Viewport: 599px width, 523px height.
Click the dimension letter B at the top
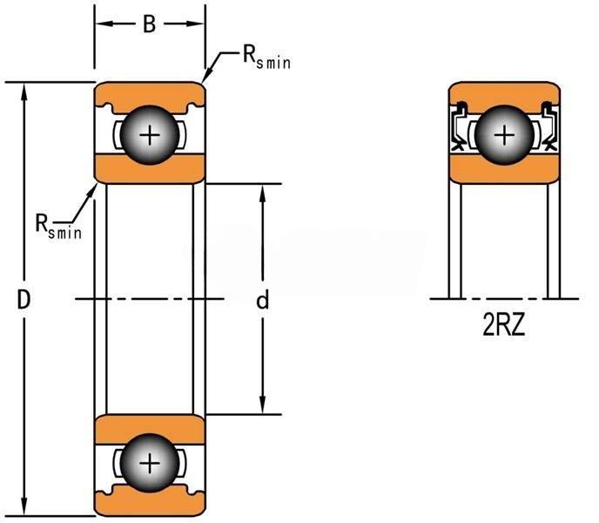(150, 24)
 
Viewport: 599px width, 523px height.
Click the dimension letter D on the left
(24, 300)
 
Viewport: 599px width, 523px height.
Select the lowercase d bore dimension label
(262, 301)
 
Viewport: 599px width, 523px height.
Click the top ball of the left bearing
(151, 135)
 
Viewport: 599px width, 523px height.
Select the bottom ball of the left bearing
(151, 462)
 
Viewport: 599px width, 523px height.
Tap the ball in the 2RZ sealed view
(504, 135)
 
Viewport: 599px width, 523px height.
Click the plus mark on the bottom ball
(151, 462)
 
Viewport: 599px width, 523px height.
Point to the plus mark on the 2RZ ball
(504, 135)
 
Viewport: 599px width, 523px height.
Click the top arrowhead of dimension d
(262, 191)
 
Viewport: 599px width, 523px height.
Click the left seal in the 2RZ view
(459, 128)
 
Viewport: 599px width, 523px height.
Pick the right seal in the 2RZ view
(549, 128)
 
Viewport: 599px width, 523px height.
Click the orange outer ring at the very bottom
(150, 506)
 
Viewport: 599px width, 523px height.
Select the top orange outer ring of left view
(150, 92)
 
